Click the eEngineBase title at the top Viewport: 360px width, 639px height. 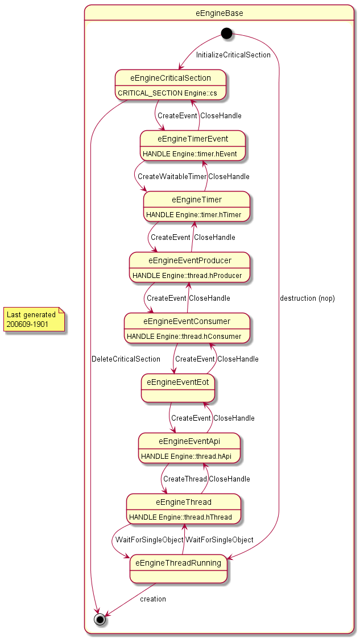[x=220, y=13]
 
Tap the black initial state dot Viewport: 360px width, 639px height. [x=226, y=33]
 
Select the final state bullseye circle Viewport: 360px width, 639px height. [x=100, y=620]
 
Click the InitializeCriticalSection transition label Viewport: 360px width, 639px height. [x=233, y=55]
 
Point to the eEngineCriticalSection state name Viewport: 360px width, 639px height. [x=171, y=78]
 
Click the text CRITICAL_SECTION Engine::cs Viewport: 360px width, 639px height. [x=168, y=93]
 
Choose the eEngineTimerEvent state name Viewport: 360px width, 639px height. [x=193, y=139]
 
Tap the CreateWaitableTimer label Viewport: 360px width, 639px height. [x=172, y=176]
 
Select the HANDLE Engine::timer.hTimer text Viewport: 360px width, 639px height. [x=194, y=215]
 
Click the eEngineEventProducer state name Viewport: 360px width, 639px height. [x=190, y=260]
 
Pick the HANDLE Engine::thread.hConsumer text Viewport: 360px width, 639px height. [x=184, y=337]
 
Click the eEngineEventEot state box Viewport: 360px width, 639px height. [x=178, y=388]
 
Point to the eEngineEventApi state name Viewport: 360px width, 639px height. [x=189, y=441]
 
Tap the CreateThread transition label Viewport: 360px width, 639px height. [x=185, y=479]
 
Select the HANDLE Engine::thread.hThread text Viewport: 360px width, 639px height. [x=181, y=517]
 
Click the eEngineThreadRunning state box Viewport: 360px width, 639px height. [x=178, y=569]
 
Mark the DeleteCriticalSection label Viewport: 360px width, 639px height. [x=126, y=359]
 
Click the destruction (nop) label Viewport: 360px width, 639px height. [x=308, y=298]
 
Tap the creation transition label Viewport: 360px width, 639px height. [x=153, y=599]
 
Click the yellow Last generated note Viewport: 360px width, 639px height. [x=34, y=319]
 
